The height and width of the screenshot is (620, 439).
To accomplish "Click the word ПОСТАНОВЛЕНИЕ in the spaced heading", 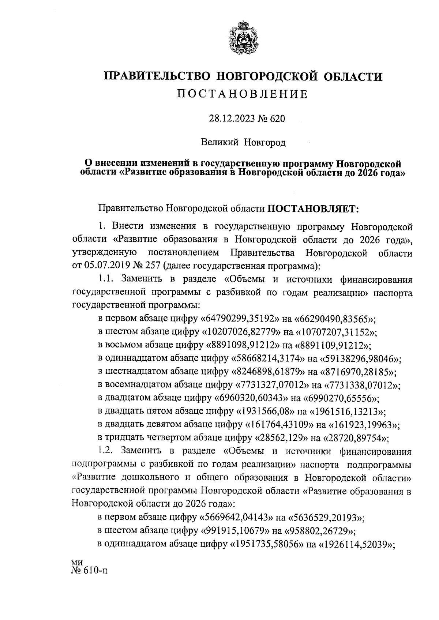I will (243, 94).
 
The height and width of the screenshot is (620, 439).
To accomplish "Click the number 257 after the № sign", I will (154, 265).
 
